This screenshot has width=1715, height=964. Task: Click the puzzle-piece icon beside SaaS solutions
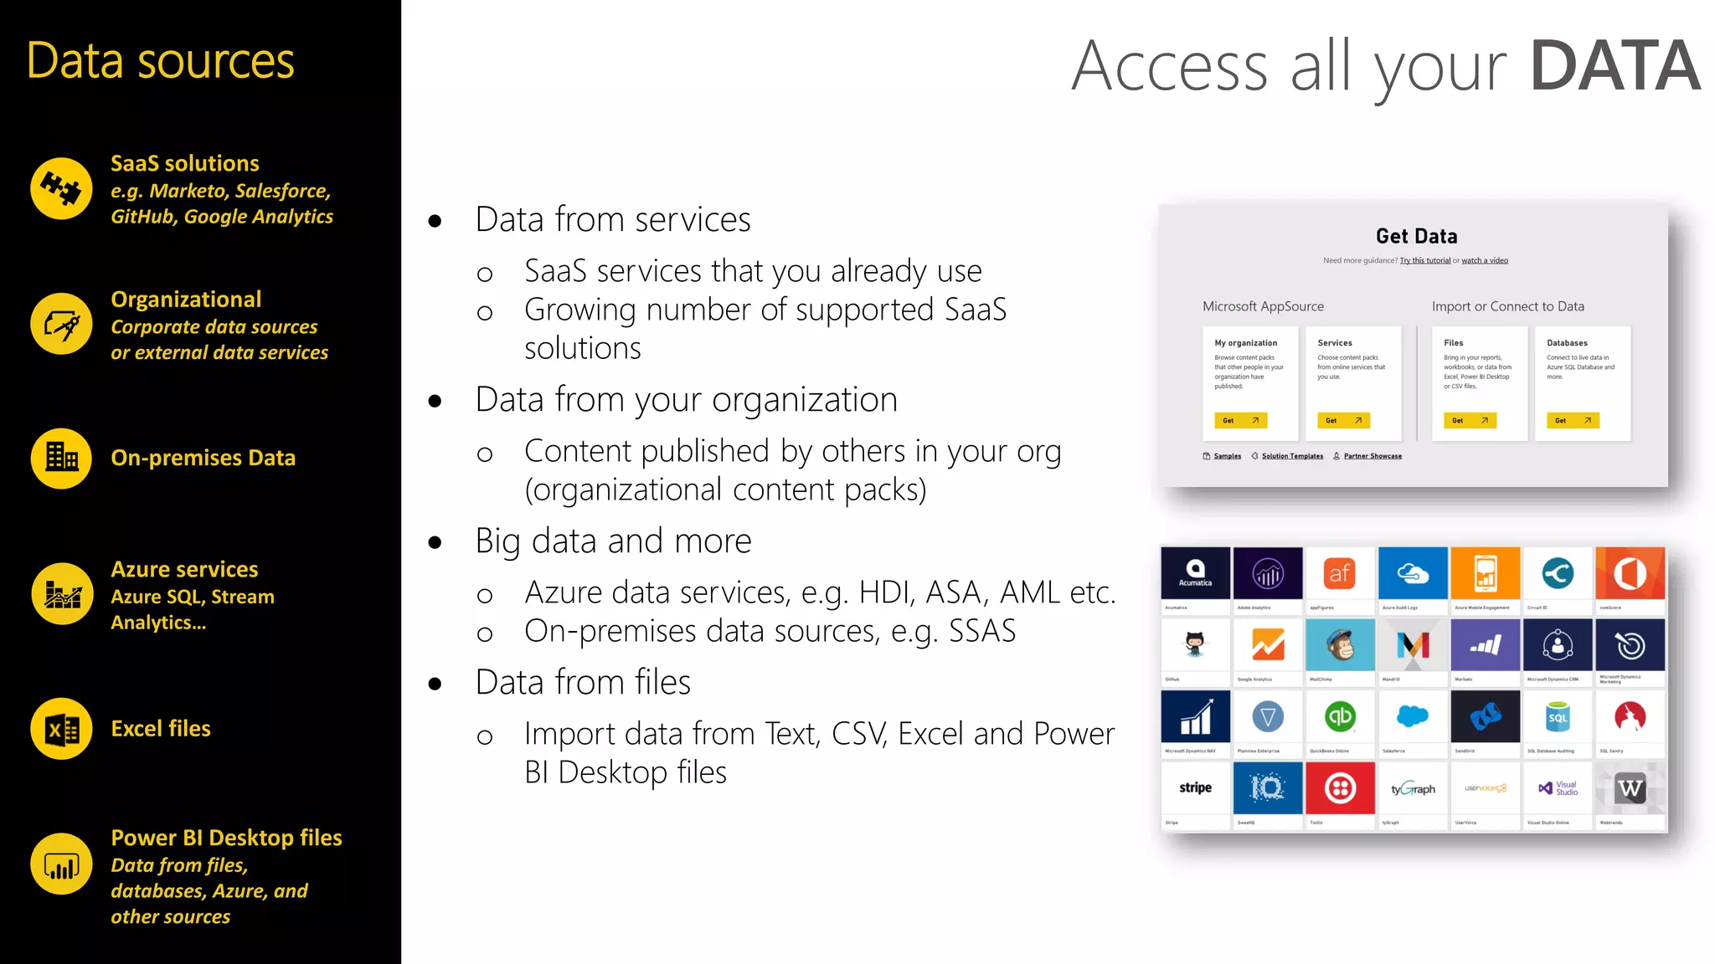coord(61,188)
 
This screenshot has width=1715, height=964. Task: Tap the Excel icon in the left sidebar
coord(61,729)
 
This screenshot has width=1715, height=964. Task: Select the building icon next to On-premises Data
coord(61,458)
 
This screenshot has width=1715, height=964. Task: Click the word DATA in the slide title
coord(1615,66)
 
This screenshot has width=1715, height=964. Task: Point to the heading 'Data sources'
coord(160,61)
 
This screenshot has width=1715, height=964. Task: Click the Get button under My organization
coord(1240,420)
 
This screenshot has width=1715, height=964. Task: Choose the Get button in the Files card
coord(1469,420)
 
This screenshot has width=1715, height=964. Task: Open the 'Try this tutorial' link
coord(1424,260)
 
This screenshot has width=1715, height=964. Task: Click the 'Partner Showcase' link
coord(1372,456)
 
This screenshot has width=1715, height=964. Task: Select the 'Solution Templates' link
coord(1291,456)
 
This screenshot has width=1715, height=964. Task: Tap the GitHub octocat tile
coord(1195,645)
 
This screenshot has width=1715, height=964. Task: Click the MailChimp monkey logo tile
coord(1340,645)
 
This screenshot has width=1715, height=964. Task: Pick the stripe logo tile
coord(1195,787)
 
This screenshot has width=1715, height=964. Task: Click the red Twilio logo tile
coord(1340,787)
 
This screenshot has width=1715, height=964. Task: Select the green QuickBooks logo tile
coord(1340,716)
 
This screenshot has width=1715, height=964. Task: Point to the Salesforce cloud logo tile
coord(1413,716)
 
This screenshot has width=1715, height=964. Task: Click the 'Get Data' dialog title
coord(1416,236)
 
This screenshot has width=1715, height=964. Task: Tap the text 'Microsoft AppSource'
coord(1263,306)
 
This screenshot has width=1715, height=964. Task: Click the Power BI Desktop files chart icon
coord(61,864)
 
